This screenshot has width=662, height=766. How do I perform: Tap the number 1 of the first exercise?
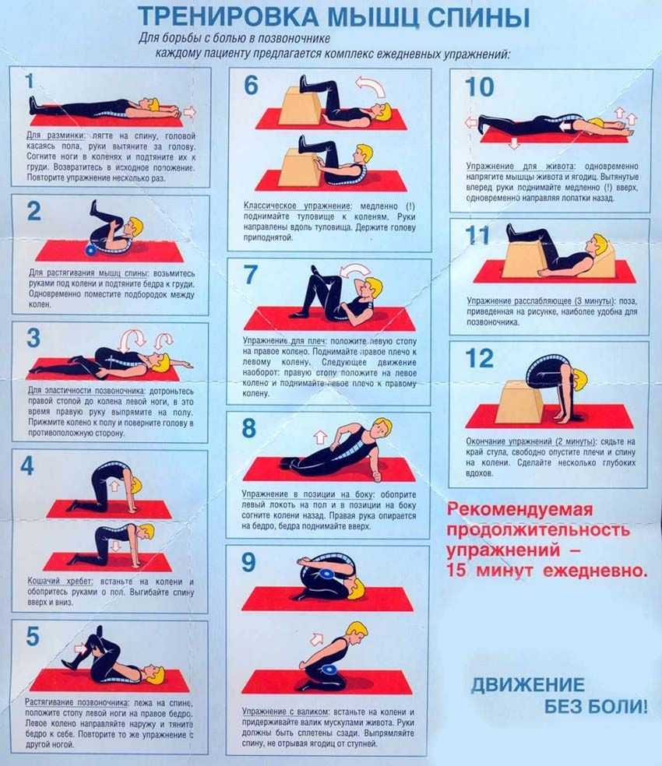(x=30, y=81)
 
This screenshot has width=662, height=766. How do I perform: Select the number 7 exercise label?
(x=250, y=274)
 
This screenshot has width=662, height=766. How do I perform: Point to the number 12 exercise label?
(x=480, y=358)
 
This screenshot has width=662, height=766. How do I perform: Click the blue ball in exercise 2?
(x=91, y=251)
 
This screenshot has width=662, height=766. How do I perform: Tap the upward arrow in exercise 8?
(x=320, y=436)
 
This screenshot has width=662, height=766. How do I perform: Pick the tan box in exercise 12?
(x=520, y=402)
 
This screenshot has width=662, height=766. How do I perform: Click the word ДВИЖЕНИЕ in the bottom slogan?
(x=528, y=685)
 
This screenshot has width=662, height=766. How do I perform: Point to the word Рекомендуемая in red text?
(x=519, y=510)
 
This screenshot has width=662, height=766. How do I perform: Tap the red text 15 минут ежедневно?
(x=547, y=571)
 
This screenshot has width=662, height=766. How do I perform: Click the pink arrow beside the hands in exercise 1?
(x=190, y=112)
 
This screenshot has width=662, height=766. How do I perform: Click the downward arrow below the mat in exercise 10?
(x=513, y=143)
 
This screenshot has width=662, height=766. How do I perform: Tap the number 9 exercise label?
(x=248, y=562)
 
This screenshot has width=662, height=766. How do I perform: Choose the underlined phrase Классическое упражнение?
(x=298, y=206)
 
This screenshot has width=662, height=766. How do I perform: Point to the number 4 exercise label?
(x=27, y=466)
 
